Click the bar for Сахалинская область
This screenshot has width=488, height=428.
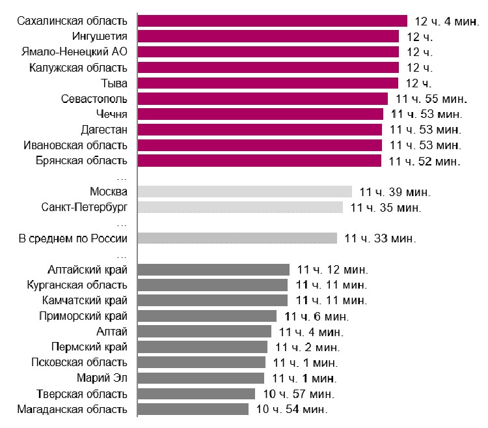(273, 21)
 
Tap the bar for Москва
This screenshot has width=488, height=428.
(245, 192)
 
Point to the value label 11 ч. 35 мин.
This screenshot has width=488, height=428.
(386, 208)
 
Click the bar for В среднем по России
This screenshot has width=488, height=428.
(237, 238)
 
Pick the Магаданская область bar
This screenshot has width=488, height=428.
(193, 409)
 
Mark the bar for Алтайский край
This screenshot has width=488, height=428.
(213, 269)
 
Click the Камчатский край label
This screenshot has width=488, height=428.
(85, 300)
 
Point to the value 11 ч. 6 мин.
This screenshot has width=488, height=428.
(316, 316)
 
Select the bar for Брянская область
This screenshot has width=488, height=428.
(260, 160)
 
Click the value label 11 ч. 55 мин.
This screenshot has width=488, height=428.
(430, 98)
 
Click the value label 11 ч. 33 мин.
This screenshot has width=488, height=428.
(380, 238)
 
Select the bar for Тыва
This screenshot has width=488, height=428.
(268, 83)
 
